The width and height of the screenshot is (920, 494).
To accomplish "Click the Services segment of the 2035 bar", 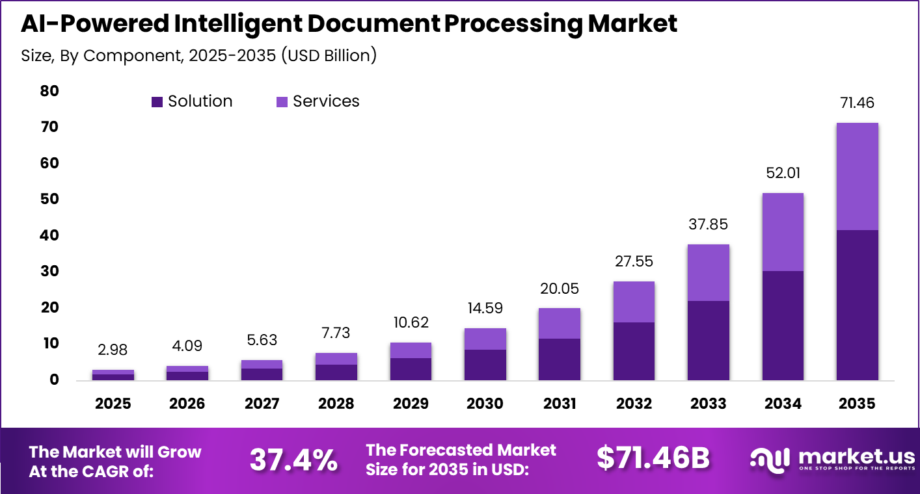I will tap(857, 176).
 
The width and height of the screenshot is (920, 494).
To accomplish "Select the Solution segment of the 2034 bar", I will tap(783, 325).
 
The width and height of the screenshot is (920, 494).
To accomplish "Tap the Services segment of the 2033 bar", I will tap(708, 272).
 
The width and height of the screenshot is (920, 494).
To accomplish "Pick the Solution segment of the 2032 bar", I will tap(634, 351).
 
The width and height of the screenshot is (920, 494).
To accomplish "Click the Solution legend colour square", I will tap(157, 102).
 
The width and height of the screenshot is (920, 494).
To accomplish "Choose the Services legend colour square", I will tap(282, 102).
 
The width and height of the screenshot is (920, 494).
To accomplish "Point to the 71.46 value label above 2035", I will tap(857, 103).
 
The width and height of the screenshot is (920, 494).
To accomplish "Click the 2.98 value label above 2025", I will tap(113, 350).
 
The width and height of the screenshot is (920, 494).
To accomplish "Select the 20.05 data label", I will tap(560, 289).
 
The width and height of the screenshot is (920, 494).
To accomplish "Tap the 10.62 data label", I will tap(411, 323).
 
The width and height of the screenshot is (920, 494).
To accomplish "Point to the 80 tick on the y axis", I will tap(49, 91).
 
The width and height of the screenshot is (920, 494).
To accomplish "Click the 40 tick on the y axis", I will tap(49, 235).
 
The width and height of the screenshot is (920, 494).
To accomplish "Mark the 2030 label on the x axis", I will tap(485, 404).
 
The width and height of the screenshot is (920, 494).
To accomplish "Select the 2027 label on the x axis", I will tap(262, 404).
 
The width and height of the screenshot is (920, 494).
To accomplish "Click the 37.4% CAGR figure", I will tap(293, 460).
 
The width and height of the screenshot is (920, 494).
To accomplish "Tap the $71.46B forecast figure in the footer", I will tap(653, 458).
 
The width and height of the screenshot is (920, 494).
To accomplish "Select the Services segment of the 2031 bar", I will tap(560, 323).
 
